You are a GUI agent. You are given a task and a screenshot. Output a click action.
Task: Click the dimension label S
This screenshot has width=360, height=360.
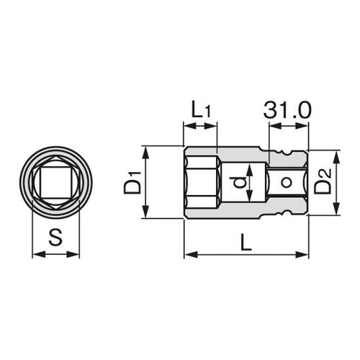(55, 237)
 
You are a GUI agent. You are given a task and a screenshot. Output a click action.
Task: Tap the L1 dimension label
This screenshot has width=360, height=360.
(201, 110)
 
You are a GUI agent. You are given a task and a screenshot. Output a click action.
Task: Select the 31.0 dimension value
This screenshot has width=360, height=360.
(287, 110)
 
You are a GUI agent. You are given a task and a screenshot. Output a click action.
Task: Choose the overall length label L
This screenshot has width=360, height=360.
(246, 243)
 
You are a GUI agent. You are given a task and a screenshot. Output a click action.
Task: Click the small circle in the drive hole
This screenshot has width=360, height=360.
(286, 182)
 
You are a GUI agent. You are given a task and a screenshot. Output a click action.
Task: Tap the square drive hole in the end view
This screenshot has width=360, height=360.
(55, 182)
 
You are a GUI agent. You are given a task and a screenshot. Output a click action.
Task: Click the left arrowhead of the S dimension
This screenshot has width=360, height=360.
(39, 254)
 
